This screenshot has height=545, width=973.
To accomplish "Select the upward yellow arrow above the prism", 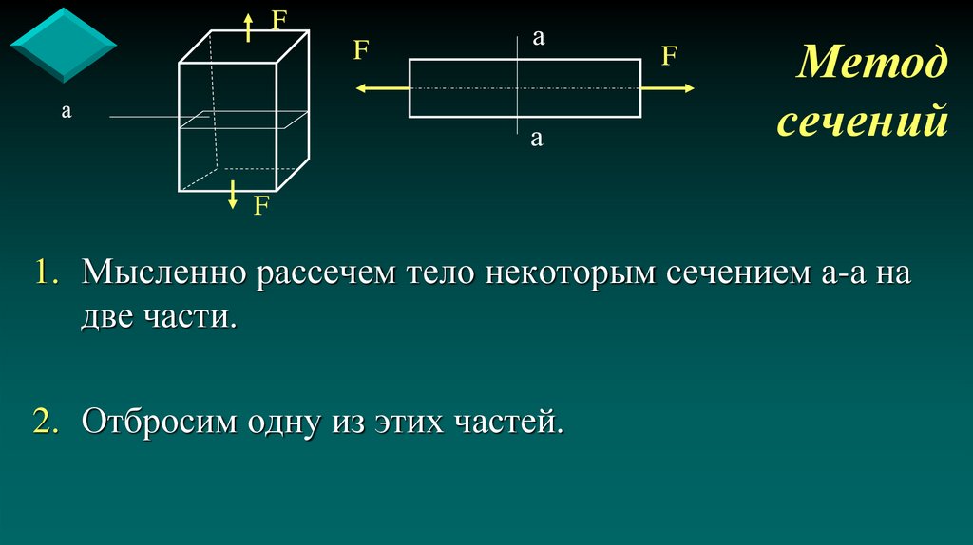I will point(247,28).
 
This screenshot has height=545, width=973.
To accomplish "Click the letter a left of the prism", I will point(67,111).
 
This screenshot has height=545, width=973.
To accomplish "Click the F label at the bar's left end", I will point(361,50).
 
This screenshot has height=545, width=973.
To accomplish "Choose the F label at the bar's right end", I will point(669,56).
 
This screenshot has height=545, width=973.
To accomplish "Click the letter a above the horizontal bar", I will point(537,38).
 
